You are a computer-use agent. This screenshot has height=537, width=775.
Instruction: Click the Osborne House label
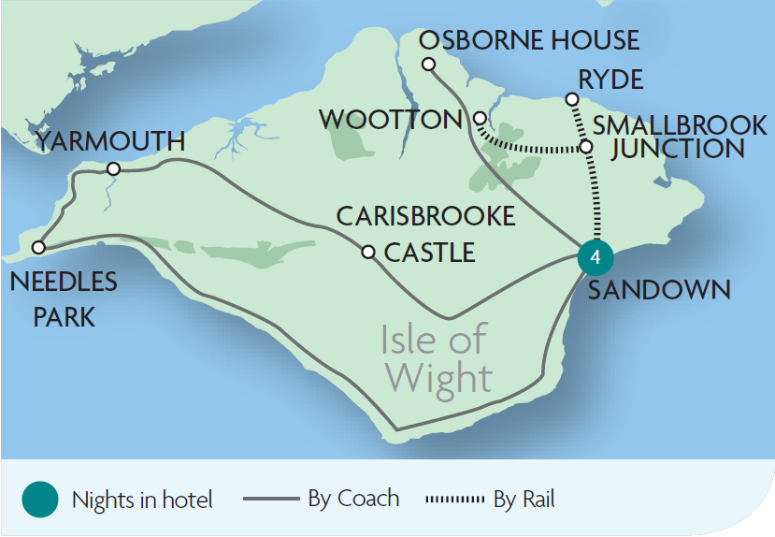tap(529, 41)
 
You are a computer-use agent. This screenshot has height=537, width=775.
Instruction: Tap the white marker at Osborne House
tap(428, 65)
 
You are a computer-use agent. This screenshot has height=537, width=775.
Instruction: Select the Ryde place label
tap(610, 80)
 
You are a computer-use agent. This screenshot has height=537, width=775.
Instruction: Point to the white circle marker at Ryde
tap(572, 99)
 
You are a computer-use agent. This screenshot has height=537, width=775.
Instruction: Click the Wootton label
tap(390, 120)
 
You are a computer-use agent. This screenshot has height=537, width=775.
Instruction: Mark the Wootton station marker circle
tap(479, 119)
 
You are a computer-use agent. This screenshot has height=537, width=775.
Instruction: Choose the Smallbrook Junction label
tap(668, 137)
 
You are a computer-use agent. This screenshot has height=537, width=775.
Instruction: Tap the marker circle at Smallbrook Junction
tap(586, 147)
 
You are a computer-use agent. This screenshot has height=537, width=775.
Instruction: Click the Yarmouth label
tap(109, 141)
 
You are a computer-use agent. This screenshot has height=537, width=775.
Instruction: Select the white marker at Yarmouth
tap(113, 169)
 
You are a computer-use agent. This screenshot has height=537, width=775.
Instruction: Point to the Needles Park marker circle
tap(38, 248)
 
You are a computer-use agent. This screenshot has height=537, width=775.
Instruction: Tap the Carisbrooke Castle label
tap(426, 234)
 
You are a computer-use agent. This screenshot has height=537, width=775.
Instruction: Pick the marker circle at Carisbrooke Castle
tap(368, 252)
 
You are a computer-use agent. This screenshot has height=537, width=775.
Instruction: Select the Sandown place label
tap(658, 289)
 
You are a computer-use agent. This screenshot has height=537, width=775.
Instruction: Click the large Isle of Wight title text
tap(437, 359)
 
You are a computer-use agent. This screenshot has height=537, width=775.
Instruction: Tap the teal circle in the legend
tap(40, 500)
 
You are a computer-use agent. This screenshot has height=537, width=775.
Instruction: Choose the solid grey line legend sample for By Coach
tap(272, 500)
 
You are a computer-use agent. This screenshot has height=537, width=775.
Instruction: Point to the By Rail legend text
tap(524, 500)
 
